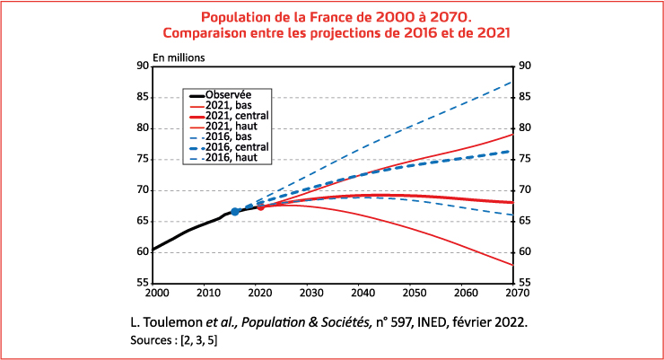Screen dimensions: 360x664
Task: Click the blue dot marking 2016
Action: click(235, 212)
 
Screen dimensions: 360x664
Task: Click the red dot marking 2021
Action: click(260, 206)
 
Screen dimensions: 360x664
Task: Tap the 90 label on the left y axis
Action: click(142, 66)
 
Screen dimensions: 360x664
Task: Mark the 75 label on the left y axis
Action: click(142, 159)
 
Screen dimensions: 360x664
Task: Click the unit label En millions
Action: click(179, 57)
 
